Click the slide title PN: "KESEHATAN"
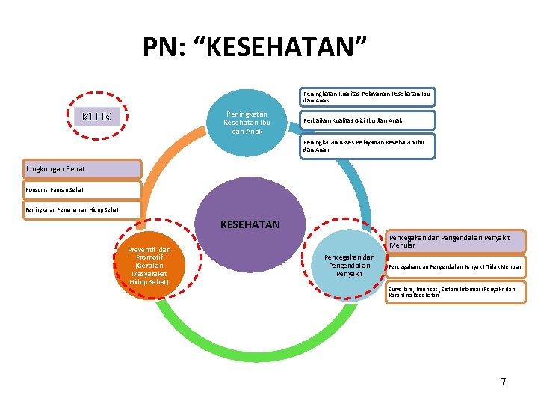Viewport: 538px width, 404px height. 255,48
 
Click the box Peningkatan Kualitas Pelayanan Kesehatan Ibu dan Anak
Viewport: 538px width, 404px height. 367,97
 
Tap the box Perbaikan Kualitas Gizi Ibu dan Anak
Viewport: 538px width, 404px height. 367,120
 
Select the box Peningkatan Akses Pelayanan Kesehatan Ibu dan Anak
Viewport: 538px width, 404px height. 367,145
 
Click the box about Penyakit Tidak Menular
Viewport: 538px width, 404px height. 455,266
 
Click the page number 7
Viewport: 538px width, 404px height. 504,382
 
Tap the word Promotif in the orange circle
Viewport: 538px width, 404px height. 150,257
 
